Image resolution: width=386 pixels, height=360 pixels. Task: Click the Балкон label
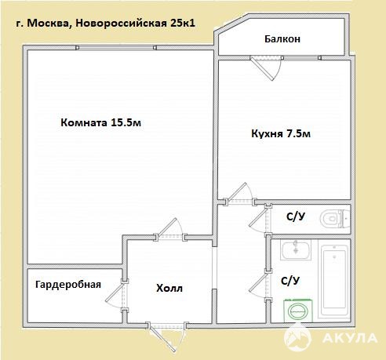pyautogui.click(x=282, y=39)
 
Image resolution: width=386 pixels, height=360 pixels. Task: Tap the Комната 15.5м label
pyautogui.click(x=101, y=122)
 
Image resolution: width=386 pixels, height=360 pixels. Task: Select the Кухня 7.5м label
pyautogui.click(x=281, y=133)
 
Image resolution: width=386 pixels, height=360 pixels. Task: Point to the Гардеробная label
pyautogui.click(x=68, y=285)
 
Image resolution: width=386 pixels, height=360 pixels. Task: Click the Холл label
pyautogui.click(x=169, y=289)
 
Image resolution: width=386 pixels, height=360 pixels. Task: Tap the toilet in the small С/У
pyautogui.click(x=334, y=218)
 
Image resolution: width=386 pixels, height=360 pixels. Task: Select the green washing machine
pyautogui.click(x=298, y=311)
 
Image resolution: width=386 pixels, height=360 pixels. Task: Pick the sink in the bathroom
pyautogui.click(x=296, y=250)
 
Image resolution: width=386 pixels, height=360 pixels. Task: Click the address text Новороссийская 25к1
pyautogui.click(x=135, y=24)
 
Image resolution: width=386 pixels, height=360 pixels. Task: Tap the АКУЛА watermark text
pyautogui.click(x=350, y=338)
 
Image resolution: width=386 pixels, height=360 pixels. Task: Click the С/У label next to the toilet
pyautogui.click(x=296, y=216)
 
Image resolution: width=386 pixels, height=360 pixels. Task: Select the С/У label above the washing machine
pyautogui.click(x=290, y=281)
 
